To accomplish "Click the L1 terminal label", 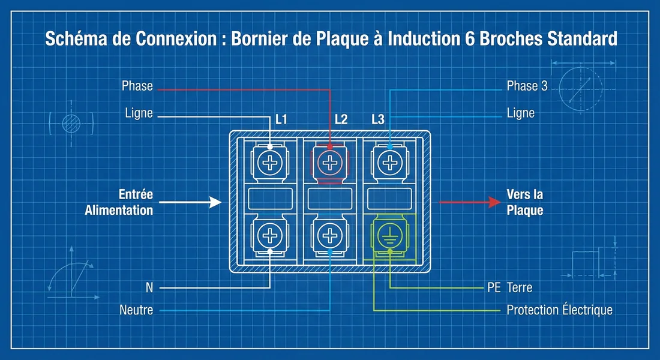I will pyautogui.click(x=281, y=119).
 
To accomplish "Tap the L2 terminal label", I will pyautogui.click(x=341, y=119).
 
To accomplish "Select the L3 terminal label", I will pyautogui.click(x=377, y=119).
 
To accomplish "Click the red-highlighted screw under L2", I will pyautogui.click(x=329, y=162).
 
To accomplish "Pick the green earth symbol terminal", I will pyautogui.click(x=389, y=234).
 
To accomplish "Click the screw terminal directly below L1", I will pyautogui.click(x=270, y=162).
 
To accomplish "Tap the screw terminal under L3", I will pyautogui.click(x=389, y=162).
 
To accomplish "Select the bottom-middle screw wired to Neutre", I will pyautogui.click(x=329, y=234).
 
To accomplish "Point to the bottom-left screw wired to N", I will pyautogui.click(x=270, y=234).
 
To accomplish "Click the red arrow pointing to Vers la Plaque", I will pyautogui.click(x=468, y=203).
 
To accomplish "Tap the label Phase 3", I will pyautogui.click(x=527, y=86).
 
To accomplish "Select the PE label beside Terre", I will pyautogui.click(x=493, y=287).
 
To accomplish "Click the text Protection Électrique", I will pyautogui.click(x=559, y=310).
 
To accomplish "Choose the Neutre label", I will pyautogui.click(x=136, y=310).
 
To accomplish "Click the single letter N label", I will pyautogui.click(x=149, y=287).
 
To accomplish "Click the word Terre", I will pyautogui.click(x=519, y=287).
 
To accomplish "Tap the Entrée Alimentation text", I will pyautogui.click(x=119, y=203).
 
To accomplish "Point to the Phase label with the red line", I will pyautogui.click(x=137, y=86).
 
